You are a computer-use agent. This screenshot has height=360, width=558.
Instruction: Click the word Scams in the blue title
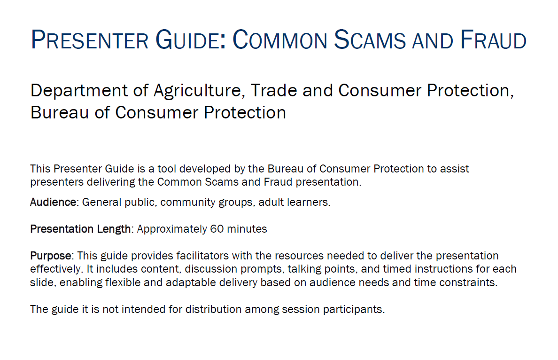[370, 39]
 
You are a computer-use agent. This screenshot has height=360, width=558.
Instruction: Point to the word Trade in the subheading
[274, 90]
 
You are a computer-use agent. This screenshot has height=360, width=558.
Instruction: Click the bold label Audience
[53, 202]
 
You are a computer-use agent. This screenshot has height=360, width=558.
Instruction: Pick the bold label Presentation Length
[80, 229]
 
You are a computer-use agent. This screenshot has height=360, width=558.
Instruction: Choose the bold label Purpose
[51, 256]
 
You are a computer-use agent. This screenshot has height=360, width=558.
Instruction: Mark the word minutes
[247, 229]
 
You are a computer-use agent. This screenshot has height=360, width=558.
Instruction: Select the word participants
[354, 309]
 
